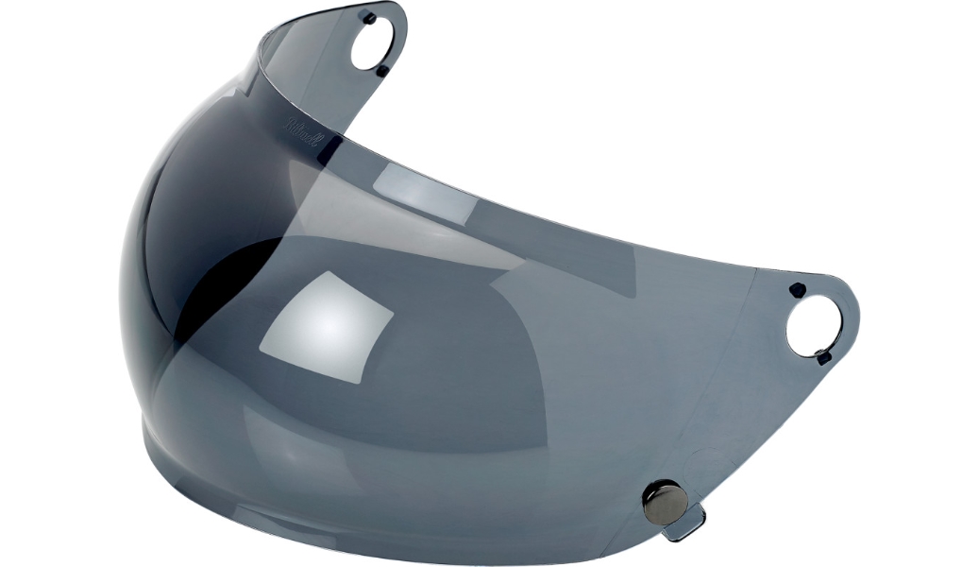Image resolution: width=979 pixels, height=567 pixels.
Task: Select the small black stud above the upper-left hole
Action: coord(369,17)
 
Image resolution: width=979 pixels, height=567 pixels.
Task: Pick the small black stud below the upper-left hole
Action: coord(381,71)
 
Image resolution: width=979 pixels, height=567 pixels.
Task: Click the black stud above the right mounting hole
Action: coord(797,289)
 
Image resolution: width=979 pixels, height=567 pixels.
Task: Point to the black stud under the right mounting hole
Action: coord(823,357)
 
